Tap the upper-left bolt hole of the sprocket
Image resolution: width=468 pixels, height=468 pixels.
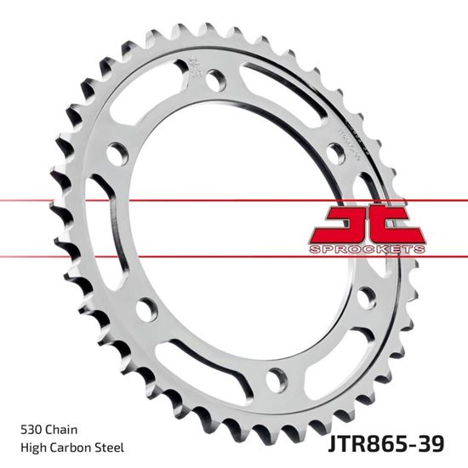tap(117, 154)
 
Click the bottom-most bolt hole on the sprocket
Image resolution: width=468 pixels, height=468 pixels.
tap(276, 375)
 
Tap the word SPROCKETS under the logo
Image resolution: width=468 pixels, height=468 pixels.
tap(368, 248)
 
